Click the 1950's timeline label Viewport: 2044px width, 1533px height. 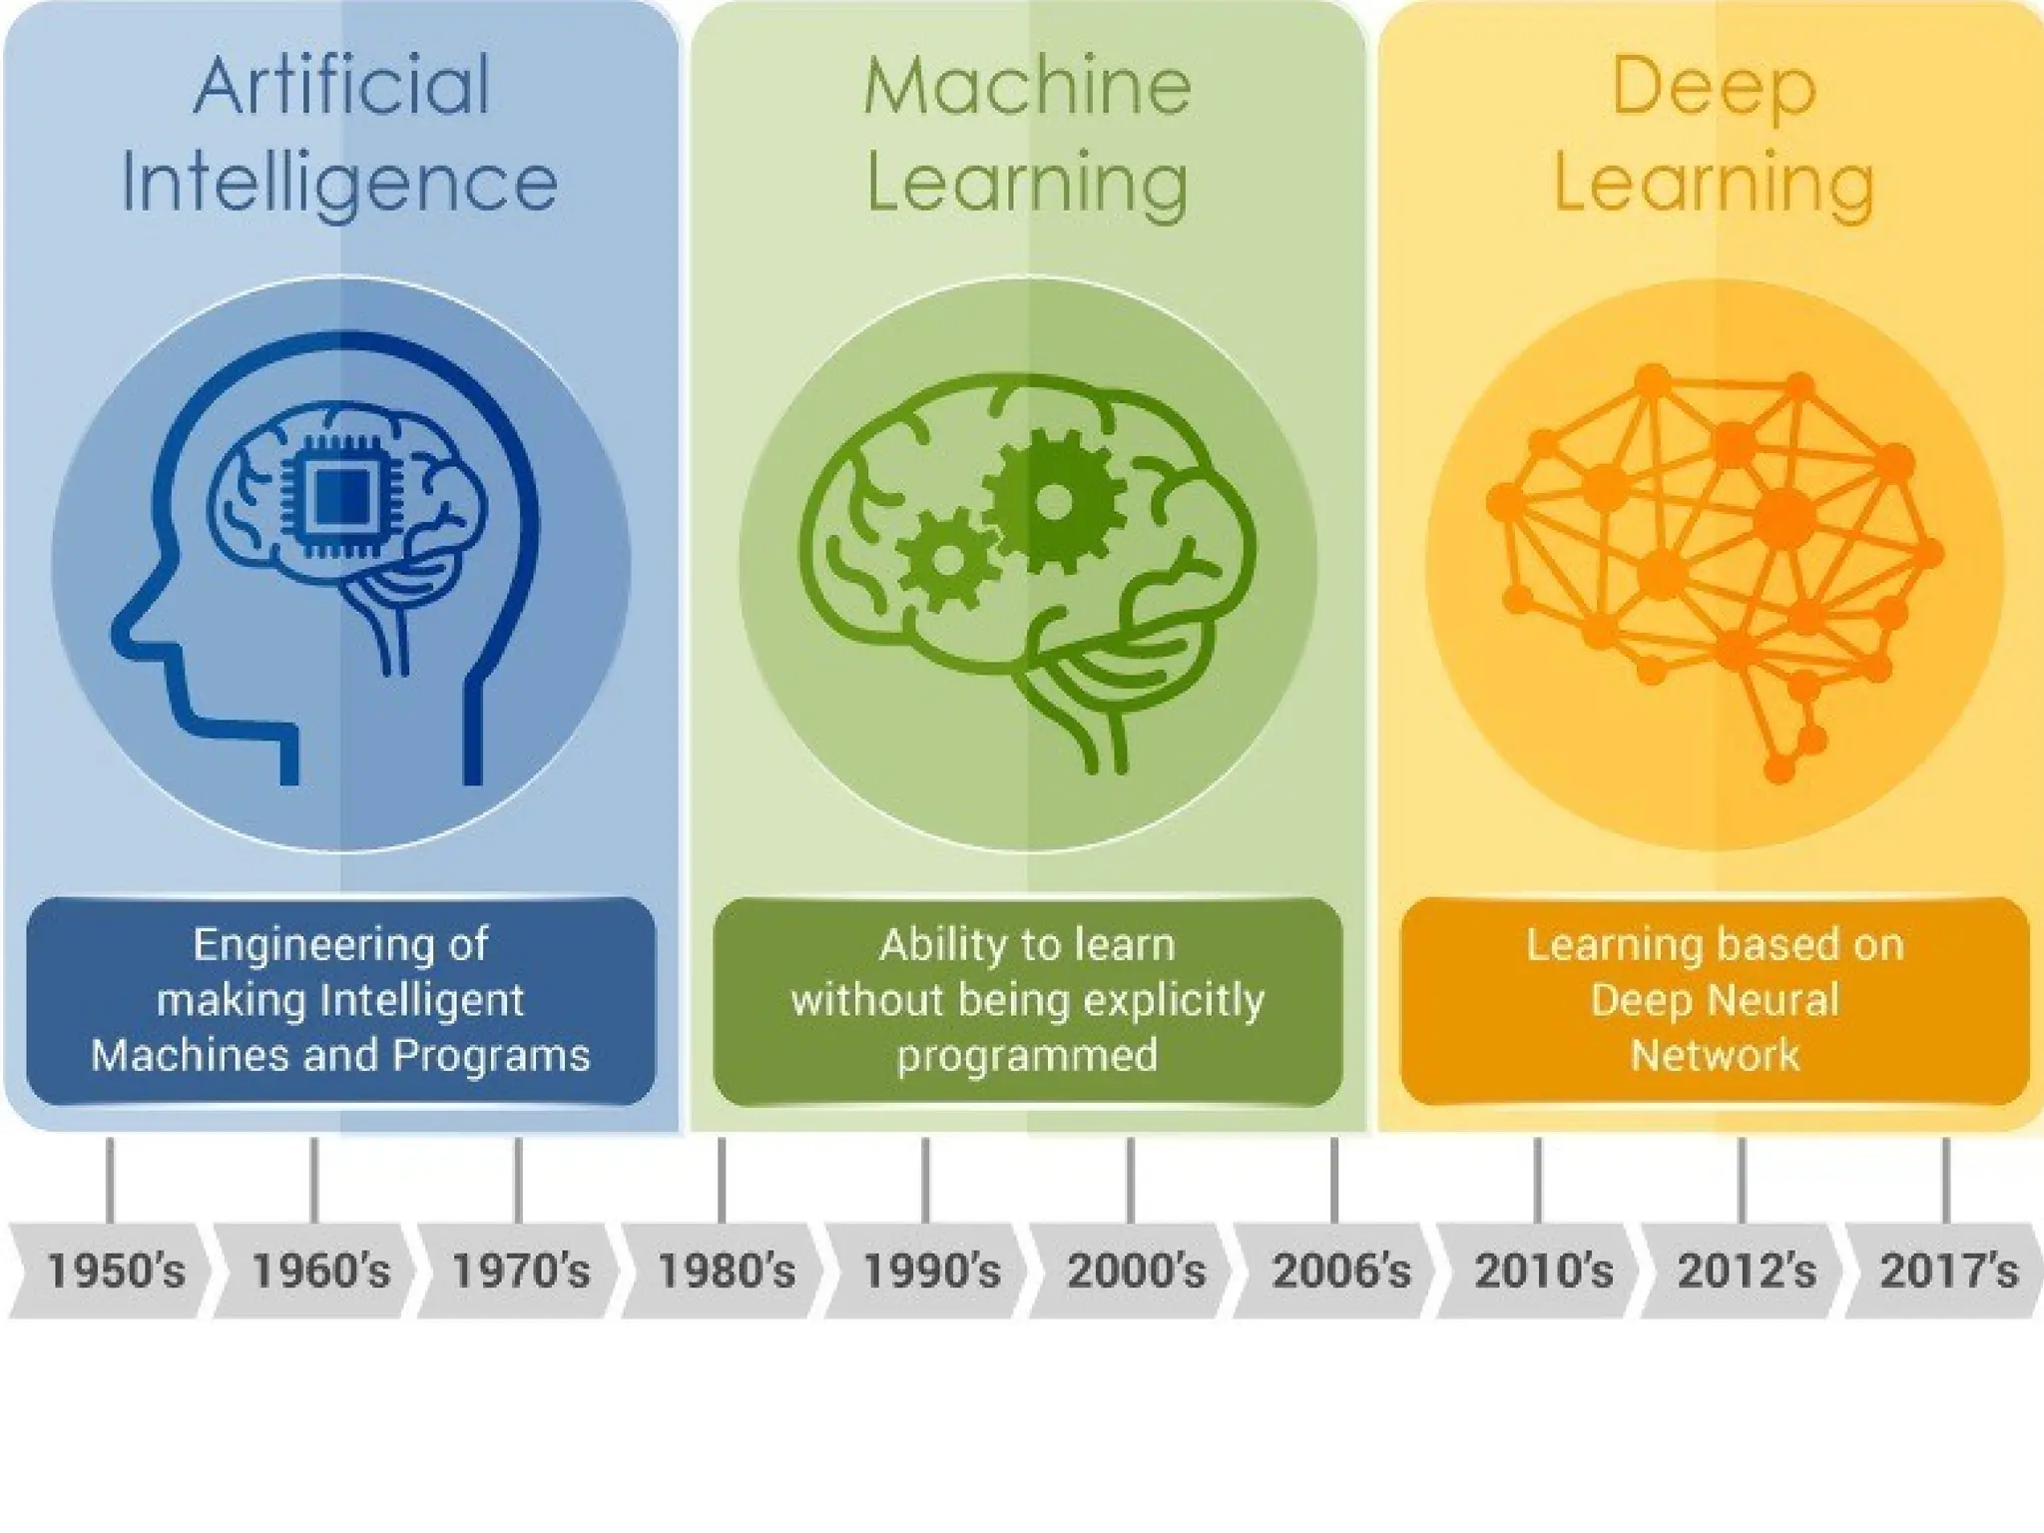116,1272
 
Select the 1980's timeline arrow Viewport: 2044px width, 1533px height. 726,1272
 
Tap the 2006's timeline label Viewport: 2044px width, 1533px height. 1341,1272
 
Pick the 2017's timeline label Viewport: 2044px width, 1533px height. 1948,1272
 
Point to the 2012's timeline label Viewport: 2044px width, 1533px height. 1746,1272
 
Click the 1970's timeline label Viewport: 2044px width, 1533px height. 521,1272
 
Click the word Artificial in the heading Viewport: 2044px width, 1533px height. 341,87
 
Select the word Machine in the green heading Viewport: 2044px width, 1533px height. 1027,87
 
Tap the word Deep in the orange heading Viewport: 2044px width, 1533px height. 1713,87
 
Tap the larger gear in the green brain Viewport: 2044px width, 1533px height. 1053,501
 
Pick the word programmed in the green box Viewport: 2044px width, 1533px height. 1027,1056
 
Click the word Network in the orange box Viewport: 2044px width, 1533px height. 1715,1056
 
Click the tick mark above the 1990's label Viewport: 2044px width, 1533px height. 925,1179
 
